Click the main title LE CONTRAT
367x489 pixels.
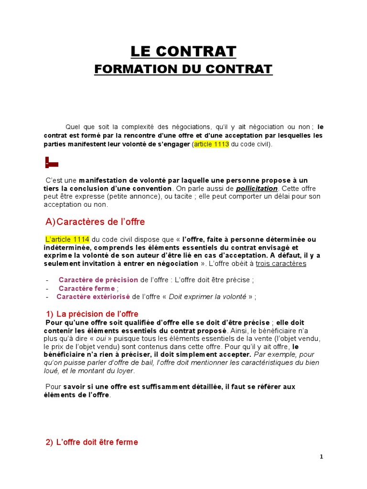(x=183, y=51)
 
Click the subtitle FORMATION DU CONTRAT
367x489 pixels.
(x=183, y=69)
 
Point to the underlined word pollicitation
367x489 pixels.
(x=257, y=189)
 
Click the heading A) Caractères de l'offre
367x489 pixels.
(x=95, y=222)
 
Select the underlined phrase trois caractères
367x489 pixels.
(x=281, y=264)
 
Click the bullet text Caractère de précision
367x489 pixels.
(x=98, y=280)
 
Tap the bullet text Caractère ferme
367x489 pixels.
(x=86, y=288)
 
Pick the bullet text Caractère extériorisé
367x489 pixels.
(x=93, y=297)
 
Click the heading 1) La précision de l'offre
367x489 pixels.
(x=92, y=314)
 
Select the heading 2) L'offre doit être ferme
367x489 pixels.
(x=92, y=442)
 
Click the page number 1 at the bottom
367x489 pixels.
(x=322, y=457)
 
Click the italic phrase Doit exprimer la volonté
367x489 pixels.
(x=207, y=297)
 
